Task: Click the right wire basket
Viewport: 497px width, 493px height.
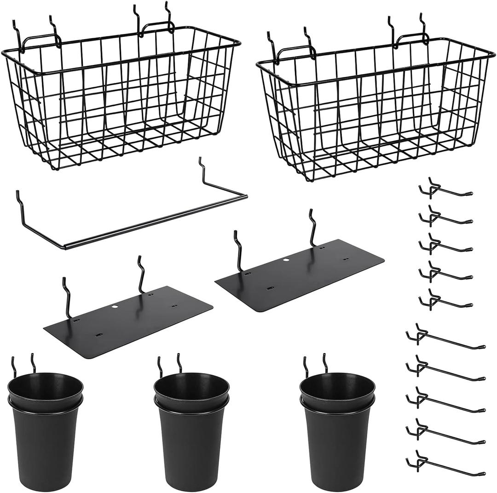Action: click(x=373, y=108)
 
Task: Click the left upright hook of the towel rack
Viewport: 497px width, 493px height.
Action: click(x=19, y=203)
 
